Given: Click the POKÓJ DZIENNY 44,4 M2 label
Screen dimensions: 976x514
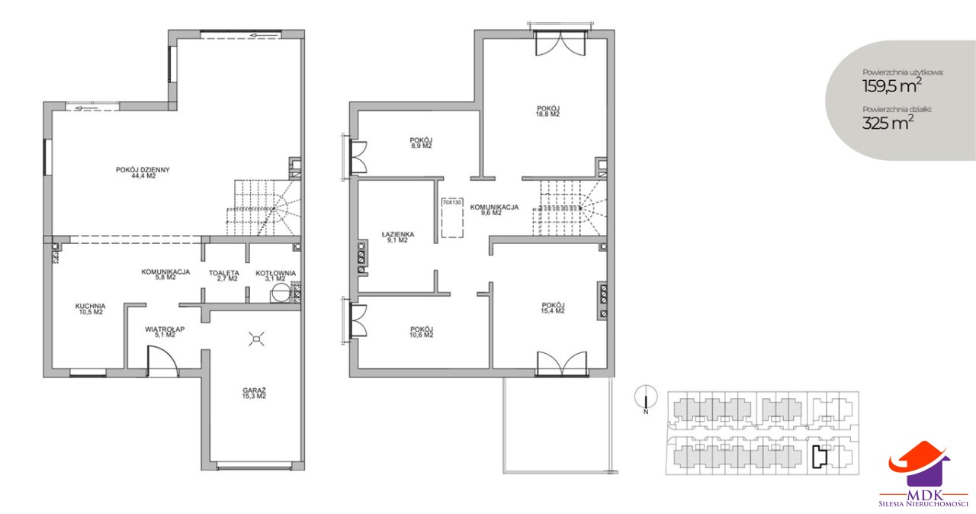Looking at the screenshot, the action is coord(143,173).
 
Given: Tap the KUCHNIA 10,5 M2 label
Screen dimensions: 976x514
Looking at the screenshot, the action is coord(90,310).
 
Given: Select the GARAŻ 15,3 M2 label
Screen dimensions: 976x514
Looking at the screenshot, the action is coord(255,394).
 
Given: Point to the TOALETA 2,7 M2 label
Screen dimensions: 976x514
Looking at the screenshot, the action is coord(224,276).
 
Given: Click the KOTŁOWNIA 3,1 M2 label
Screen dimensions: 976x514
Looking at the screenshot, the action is coord(276,276).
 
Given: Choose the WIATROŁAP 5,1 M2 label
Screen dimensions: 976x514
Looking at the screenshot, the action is coord(165,332).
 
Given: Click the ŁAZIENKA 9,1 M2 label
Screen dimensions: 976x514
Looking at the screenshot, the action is coord(398,237).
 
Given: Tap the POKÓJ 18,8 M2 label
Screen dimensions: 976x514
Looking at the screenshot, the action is coord(548,111).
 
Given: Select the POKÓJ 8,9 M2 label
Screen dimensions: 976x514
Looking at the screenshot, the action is coord(421,143).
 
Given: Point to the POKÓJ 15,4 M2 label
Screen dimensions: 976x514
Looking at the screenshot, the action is coord(554,308).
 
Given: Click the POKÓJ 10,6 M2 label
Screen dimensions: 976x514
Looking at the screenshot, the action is coord(422,332).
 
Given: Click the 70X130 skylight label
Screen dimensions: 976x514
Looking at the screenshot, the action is coord(452,203).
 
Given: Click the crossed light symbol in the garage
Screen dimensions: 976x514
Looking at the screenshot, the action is coord(257,339).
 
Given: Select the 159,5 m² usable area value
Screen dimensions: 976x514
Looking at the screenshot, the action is coord(892,86).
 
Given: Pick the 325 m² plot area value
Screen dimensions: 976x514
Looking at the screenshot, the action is coord(887,123).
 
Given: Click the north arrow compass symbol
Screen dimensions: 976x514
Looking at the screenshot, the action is coord(646,397).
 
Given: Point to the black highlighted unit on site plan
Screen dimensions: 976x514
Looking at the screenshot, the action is coord(819,458).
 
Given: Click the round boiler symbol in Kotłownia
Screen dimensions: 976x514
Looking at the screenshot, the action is coord(280,293).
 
